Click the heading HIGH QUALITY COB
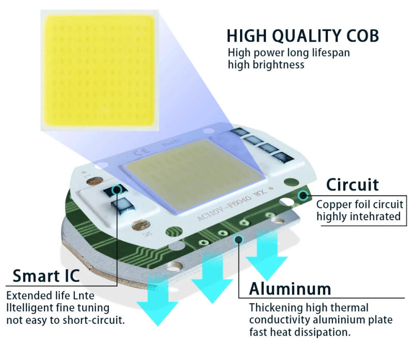303,36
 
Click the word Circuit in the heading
352,184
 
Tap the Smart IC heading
46,276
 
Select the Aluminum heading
290,288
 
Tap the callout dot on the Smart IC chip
118,189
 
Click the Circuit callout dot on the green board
303,195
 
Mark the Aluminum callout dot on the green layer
239,238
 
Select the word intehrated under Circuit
372,216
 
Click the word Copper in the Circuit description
334,204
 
